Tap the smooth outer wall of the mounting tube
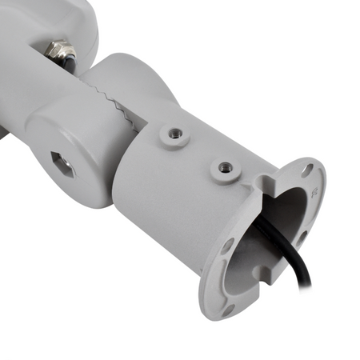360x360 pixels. tap(160, 200)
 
